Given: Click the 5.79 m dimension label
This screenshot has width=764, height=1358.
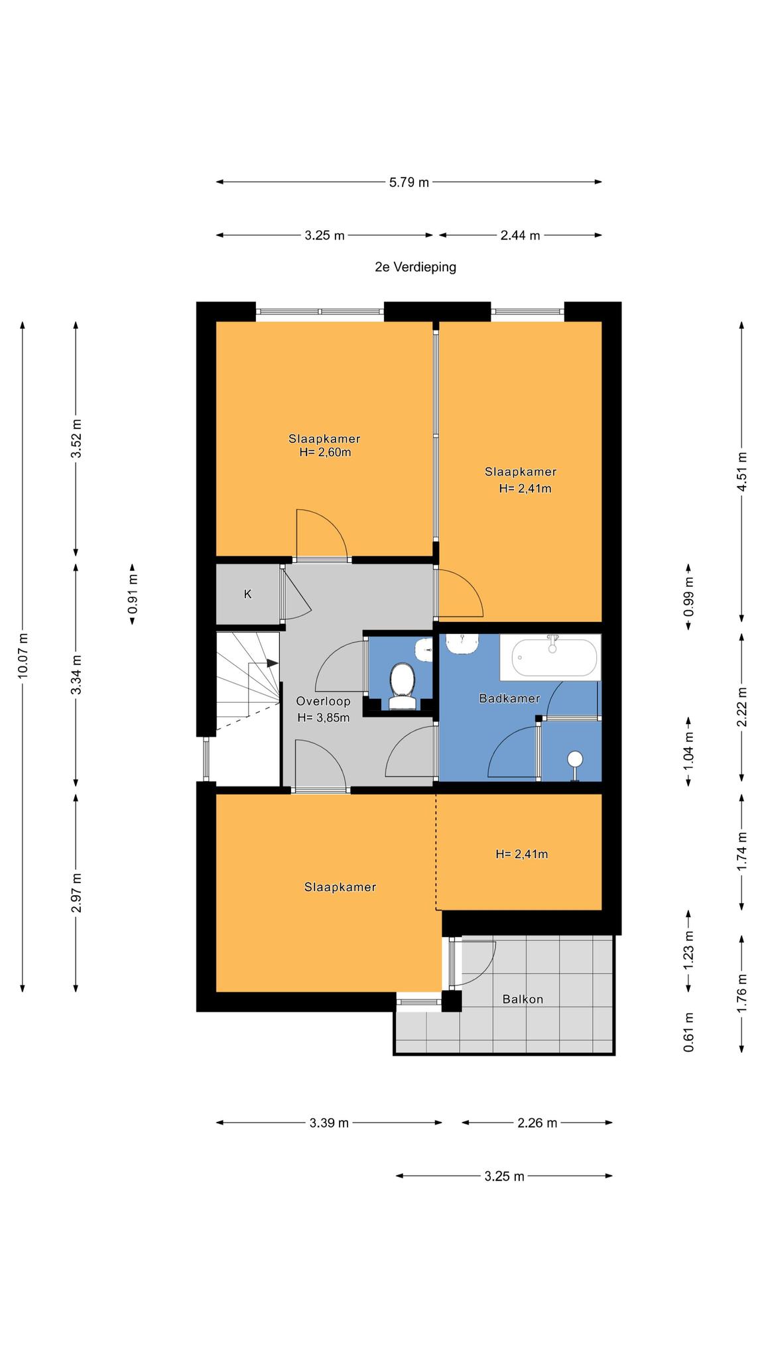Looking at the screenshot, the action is (x=409, y=182).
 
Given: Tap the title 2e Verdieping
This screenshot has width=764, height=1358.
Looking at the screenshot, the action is (x=416, y=267).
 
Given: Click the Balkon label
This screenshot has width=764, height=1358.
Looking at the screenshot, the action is (x=523, y=999).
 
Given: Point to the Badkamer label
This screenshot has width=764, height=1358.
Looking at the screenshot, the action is (x=509, y=698).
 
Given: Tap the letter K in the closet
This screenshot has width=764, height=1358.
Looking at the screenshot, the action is (x=248, y=594).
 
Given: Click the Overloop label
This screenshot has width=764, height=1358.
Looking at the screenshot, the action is (x=324, y=702).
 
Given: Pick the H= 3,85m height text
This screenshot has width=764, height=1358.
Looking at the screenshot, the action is (x=324, y=717).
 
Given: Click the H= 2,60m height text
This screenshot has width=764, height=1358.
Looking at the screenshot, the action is (x=325, y=453).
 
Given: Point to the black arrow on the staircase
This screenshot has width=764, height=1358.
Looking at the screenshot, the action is (x=272, y=662).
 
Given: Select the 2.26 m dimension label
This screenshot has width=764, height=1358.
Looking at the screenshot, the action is (x=537, y=1123).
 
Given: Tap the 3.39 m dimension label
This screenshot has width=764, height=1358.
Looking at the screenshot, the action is (x=329, y=1123).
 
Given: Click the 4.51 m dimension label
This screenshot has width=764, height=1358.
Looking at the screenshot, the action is (x=742, y=471).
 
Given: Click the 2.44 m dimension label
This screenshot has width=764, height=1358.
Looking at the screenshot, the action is (x=521, y=235).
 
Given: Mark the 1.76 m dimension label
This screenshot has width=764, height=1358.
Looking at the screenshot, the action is (x=742, y=993).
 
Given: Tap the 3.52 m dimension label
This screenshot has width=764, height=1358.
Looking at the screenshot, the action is (x=77, y=439).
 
